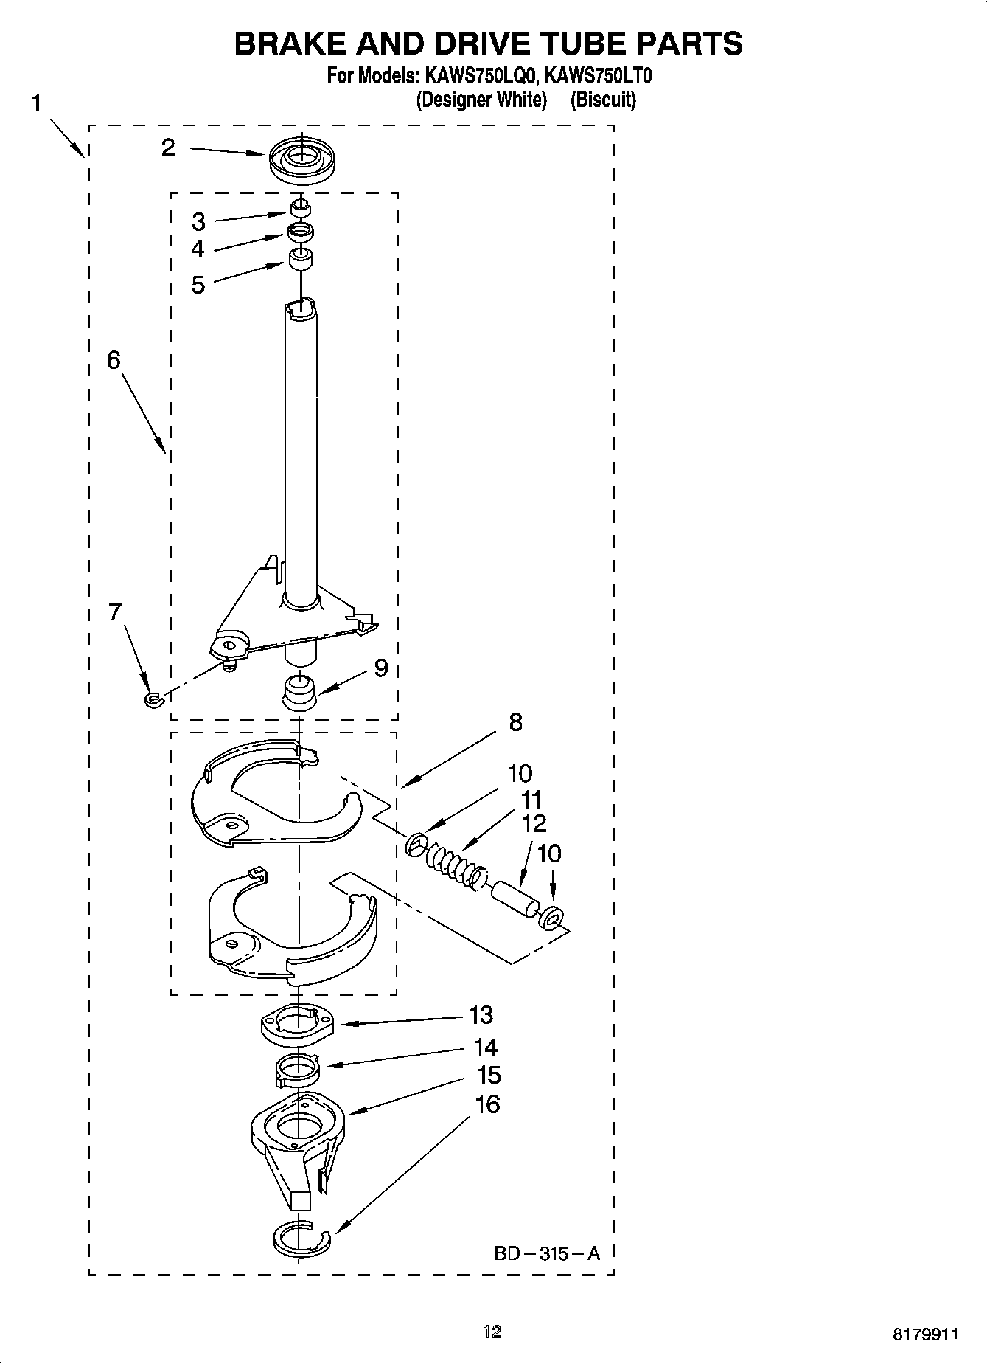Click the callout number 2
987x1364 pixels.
tap(169, 148)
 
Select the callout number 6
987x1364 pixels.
tap(113, 360)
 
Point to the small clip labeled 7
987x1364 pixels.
tap(153, 698)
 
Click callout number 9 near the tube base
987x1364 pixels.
tap(381, 668)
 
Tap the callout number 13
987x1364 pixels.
tap(481, 1015)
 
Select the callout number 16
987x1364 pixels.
tap(487, 1104)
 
